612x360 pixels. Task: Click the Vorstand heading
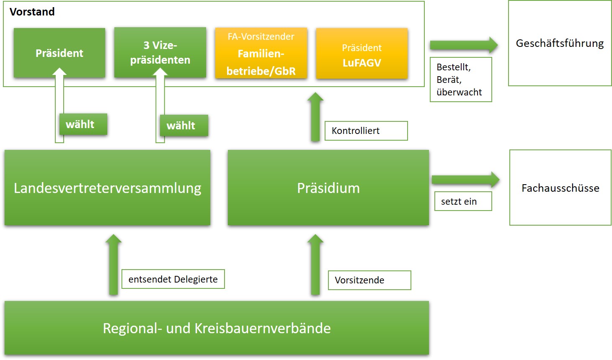click(32, 12)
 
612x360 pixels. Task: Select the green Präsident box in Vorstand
click(59, 53)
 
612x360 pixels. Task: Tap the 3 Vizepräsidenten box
click(160, 52)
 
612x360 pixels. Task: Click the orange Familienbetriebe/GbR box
click(261, 53)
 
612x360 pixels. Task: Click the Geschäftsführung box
click(560, 43)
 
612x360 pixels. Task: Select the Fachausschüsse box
click(560, 188)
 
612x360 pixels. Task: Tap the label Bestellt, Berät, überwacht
click(460, 80)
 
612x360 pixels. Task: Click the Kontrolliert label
click(366, 131)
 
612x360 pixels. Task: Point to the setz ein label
click(462, 201)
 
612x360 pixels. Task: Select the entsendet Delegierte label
click(173, 279)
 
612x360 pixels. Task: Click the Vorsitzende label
click(369, 280)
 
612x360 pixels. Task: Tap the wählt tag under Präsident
click(83, 124)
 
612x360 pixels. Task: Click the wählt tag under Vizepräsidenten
click(183, 126)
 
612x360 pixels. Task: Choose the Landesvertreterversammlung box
click(107, 188)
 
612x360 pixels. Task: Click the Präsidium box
click(328, 188)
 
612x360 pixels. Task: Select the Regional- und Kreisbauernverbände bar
click(217, 328)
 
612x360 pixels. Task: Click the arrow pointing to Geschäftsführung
click(463, 45)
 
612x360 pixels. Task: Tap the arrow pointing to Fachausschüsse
click(465, 180)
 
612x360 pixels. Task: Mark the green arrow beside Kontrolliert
click(315, 117)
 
